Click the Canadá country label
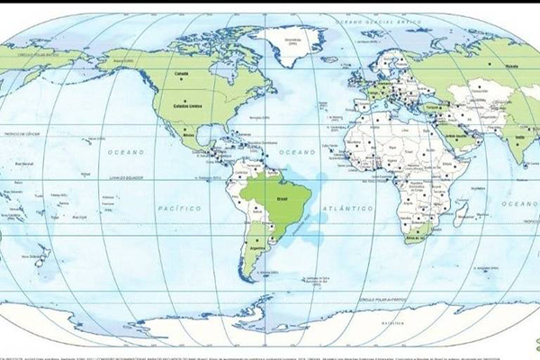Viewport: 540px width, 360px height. click(x=181, y=73)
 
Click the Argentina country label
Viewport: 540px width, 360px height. click(x=261, y=244)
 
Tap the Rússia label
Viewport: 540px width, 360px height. click(x=512, y=66)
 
